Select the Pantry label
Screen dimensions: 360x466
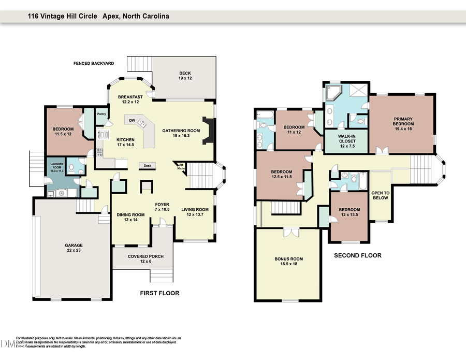[101, 114]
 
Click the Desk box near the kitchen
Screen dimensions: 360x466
[147, 166]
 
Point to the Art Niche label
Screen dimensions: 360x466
[181, 166]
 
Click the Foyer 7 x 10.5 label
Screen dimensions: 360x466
[162, 207]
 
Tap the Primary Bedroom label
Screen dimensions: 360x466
[403, 121]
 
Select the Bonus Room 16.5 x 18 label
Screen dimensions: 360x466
[288, 261]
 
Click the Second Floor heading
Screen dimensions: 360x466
[357, 255]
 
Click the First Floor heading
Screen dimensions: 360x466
[159, 293]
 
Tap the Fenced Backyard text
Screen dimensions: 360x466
[93, 63]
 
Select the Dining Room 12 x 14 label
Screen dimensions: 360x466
[130, 217]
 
